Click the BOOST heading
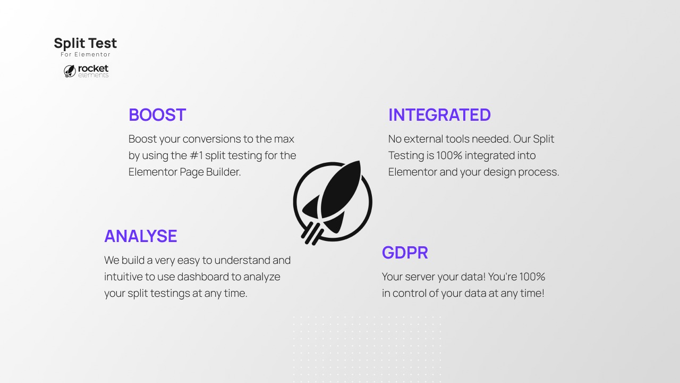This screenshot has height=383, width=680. point(157,115)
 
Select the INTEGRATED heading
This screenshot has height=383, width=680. point(439,115)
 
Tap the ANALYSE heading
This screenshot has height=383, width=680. point(141,236)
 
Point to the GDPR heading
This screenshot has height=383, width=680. point(405,253)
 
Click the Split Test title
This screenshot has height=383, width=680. point(86,44)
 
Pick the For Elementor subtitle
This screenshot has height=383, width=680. point(86,54)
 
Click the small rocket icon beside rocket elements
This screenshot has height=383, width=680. point(70,71)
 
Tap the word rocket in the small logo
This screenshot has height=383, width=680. point(93,69)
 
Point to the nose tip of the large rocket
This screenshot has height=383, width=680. point(359,162)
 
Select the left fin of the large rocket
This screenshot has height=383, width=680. point(310,207)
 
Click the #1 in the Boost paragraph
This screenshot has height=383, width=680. point(196,156)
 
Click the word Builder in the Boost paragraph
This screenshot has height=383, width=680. point(224,172)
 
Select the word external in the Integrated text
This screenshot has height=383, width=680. point(423,139)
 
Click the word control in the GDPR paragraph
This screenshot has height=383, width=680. point(409,293)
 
